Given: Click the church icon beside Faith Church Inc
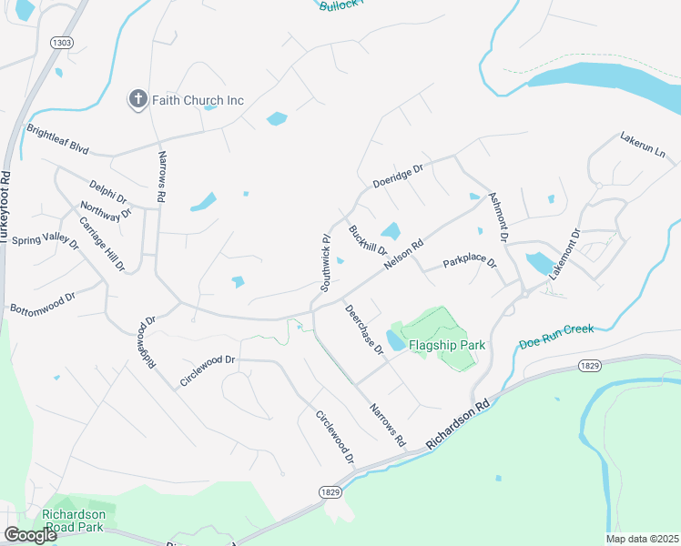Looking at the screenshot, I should point(138,99).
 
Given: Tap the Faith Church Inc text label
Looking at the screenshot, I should point(198,100).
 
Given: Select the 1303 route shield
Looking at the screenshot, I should point(62,43).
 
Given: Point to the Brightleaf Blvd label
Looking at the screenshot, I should point(56,136).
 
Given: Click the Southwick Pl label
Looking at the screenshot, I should point(324,262).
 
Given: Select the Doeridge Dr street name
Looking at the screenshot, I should point(399,176).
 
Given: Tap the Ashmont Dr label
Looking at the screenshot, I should point(498,217).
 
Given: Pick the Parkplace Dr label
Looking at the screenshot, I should point(470,264).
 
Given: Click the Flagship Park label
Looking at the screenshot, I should point(447,346).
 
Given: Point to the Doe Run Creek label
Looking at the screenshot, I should point(555,336).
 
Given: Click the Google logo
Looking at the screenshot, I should point(30,535).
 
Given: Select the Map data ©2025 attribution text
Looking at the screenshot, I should point(641,539).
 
